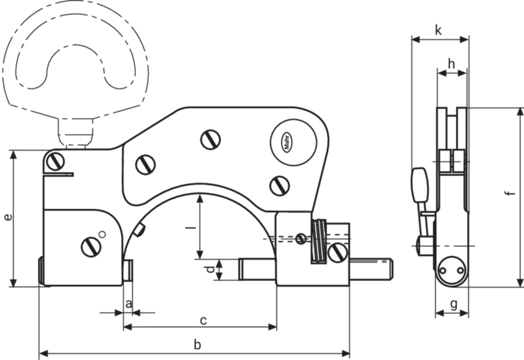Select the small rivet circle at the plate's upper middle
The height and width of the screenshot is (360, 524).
pos(211,139)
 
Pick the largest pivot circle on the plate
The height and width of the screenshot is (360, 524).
pos(290,141)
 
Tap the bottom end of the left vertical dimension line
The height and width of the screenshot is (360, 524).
pos(13,283)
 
